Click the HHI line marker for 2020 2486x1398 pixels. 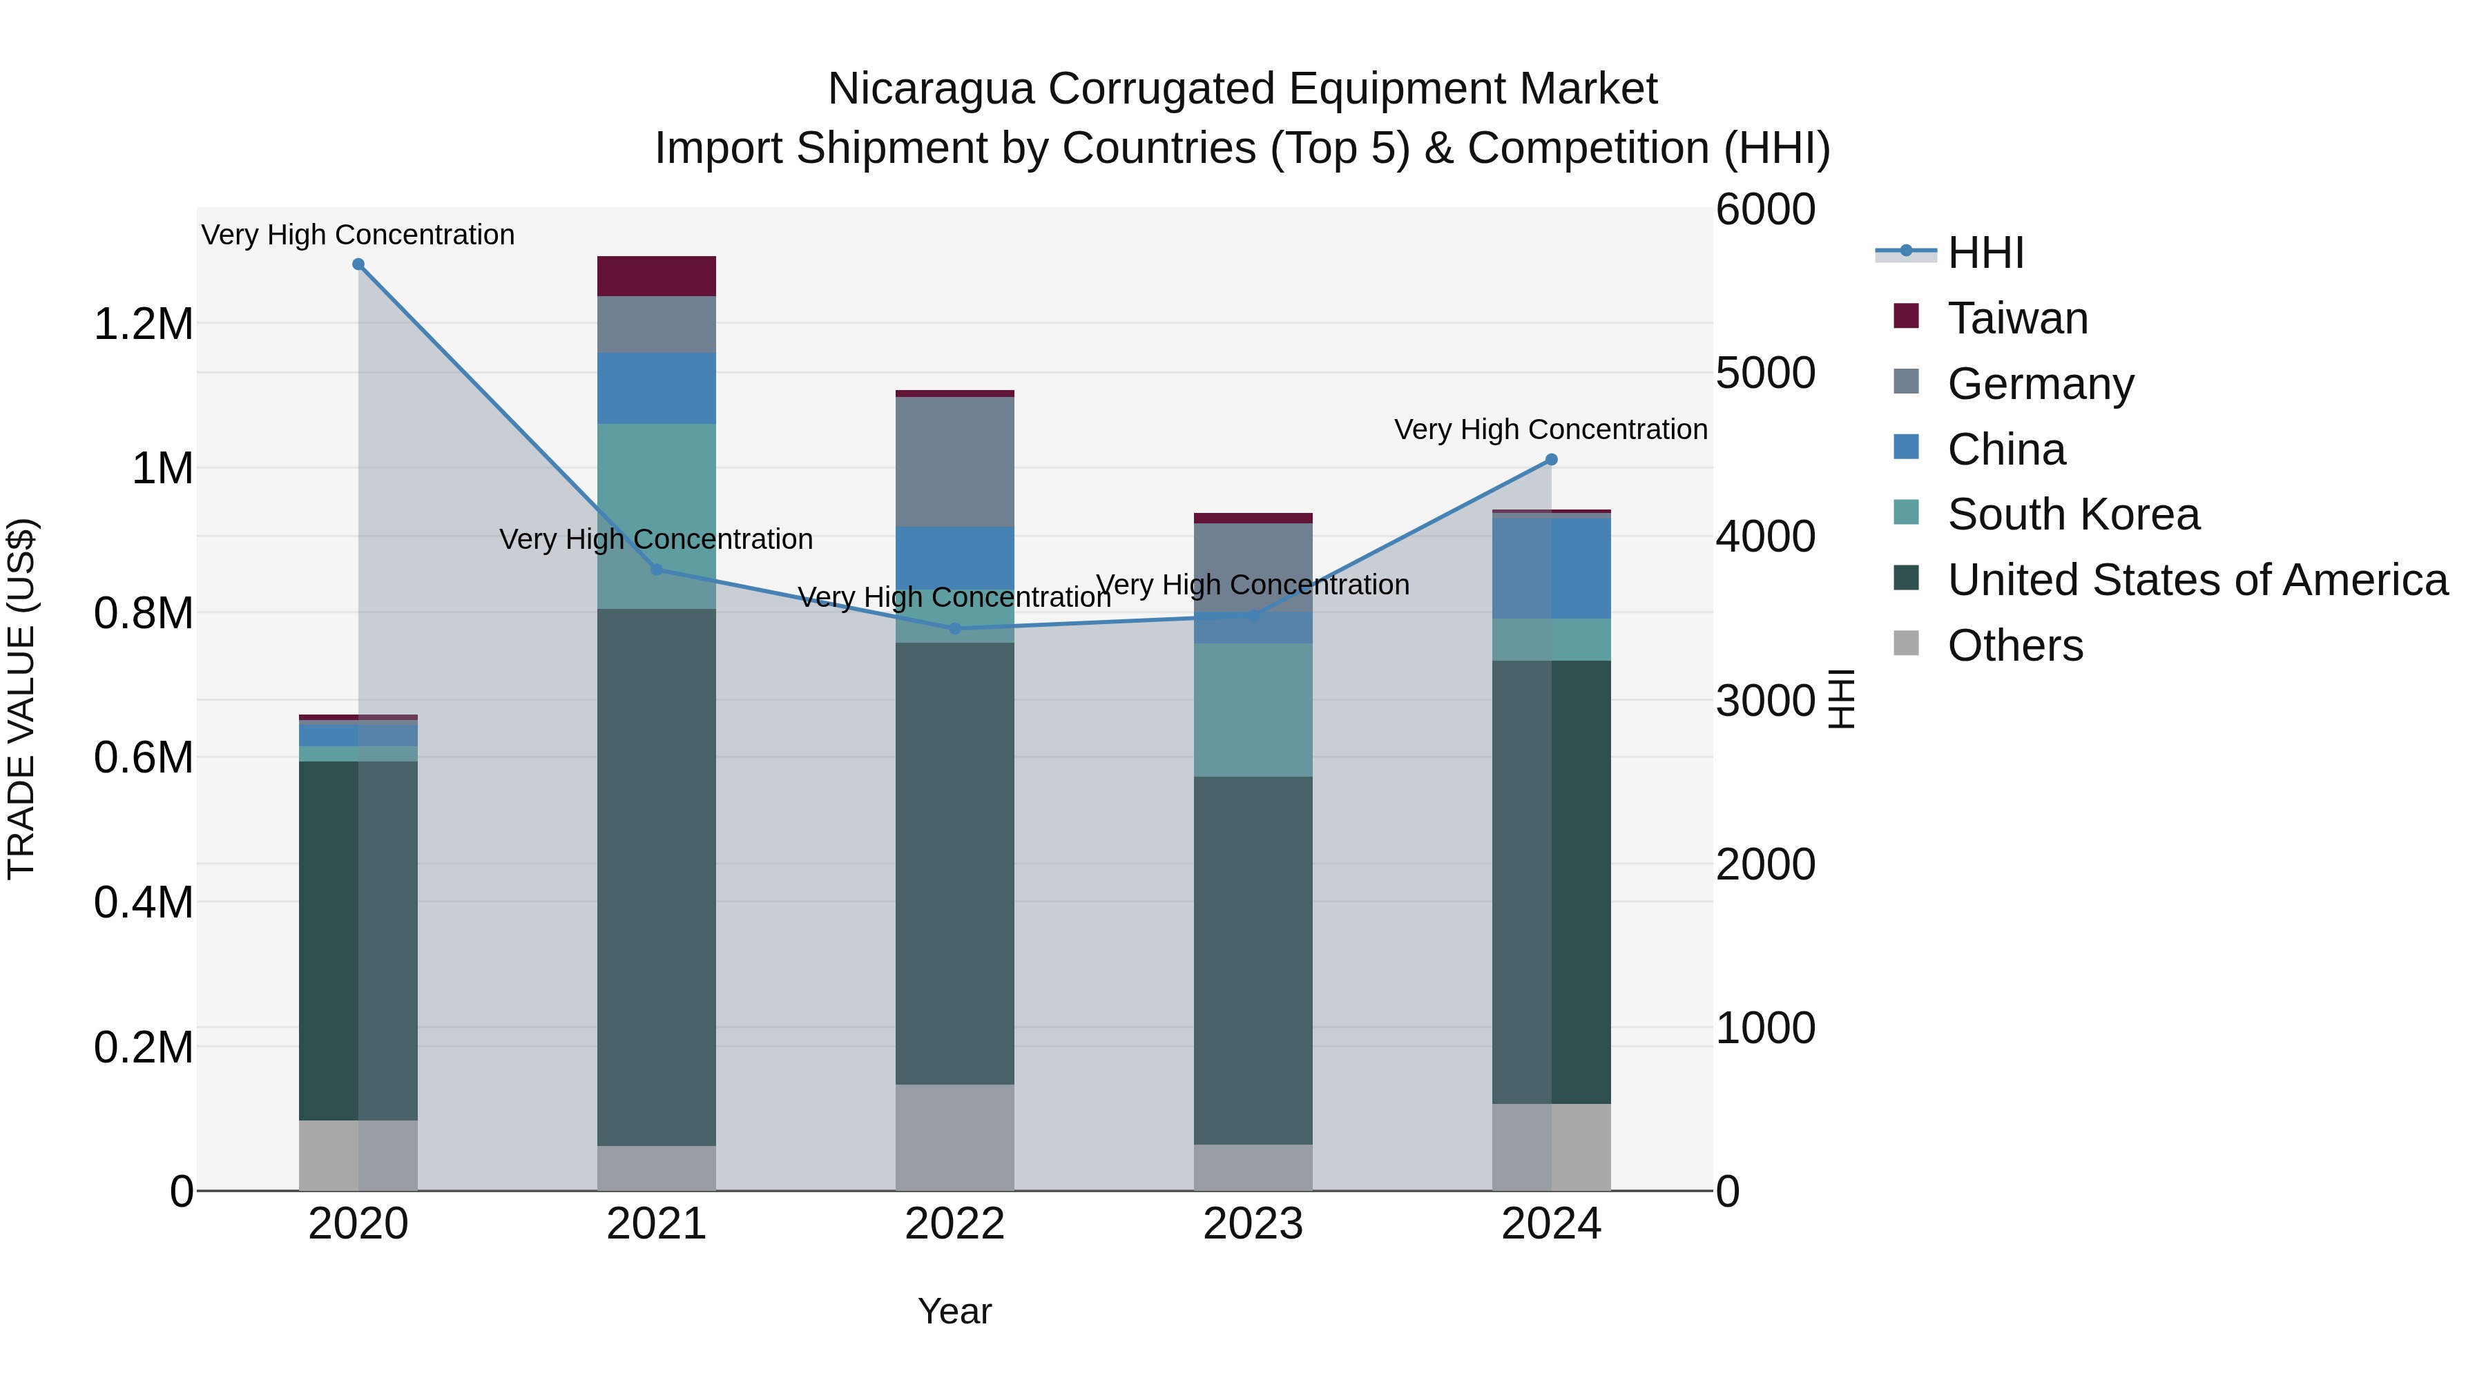pos(358,264)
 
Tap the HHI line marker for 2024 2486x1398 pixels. pos(1551,460)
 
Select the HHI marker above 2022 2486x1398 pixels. pos(954,629)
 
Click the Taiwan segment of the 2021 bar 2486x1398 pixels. pos(656,276)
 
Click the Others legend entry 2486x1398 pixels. pos(2014,645)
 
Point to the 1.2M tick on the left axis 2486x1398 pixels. pos(143,324)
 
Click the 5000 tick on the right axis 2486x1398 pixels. pos(1765,373)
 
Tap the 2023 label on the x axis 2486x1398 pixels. pos(1253,1224)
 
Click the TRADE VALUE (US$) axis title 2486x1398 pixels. pos(21,699)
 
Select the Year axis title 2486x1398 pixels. pos(954,1311)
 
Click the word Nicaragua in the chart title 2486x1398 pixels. pos(930,89)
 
